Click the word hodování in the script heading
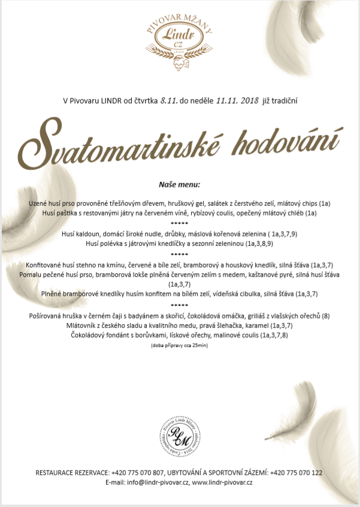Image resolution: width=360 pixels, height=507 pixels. point(282,139)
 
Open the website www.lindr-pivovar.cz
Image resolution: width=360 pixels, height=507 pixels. point(223,482)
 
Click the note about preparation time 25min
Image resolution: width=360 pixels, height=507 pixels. point(180,346)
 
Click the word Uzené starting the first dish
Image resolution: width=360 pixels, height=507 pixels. point(40,204)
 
